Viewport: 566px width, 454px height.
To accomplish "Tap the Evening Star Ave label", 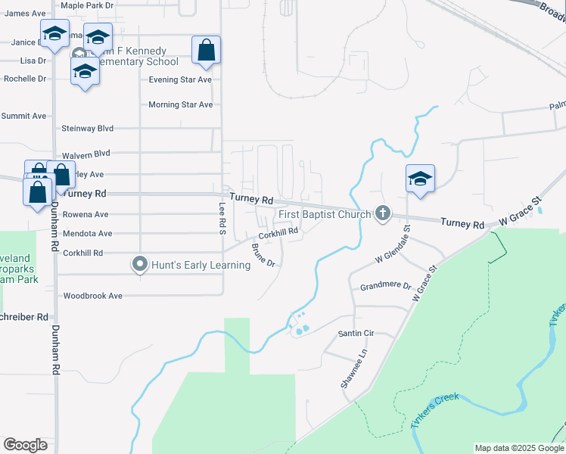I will (x=180, y=79).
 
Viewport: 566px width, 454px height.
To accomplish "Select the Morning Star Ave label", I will (x=180, y=104).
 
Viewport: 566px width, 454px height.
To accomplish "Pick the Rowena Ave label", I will (x=85, y=214).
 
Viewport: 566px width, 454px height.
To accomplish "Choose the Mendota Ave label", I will (x=87, y=234).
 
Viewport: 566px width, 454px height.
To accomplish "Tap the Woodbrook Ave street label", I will (x=93, y=296).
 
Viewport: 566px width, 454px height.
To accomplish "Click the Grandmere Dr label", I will (x=385, y=287).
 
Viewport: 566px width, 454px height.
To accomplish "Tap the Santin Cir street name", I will (x=356, y=333).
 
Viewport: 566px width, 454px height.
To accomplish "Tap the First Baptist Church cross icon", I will (x=383, y=214).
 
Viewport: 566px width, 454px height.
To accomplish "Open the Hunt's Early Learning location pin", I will (x=139, y=265).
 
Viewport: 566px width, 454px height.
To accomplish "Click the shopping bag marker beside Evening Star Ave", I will (x=206, y=51).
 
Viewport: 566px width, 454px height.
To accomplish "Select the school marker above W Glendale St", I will (x=420, y=179).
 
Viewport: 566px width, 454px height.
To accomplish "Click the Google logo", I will (x=25, y=445).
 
